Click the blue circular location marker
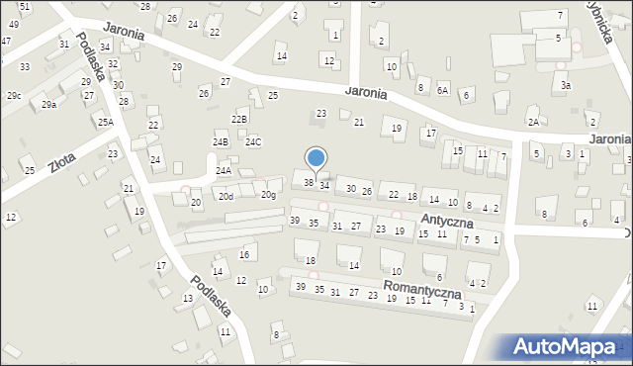click(316, 157)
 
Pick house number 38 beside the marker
click(309, 182)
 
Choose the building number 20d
click(226, 196)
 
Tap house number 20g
click(268, 195)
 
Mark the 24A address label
click(224, 171)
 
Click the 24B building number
click(220, 142)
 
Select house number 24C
click(253, 142)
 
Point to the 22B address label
click(239, 119)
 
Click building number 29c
click(14, 96)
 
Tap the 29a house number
click(48, 104)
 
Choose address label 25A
click(105, 123)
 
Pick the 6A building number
click(442, 90)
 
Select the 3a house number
click(566, 86)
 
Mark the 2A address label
click(533, 123)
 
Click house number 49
click(13, 24)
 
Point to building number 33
click(24, 67)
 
